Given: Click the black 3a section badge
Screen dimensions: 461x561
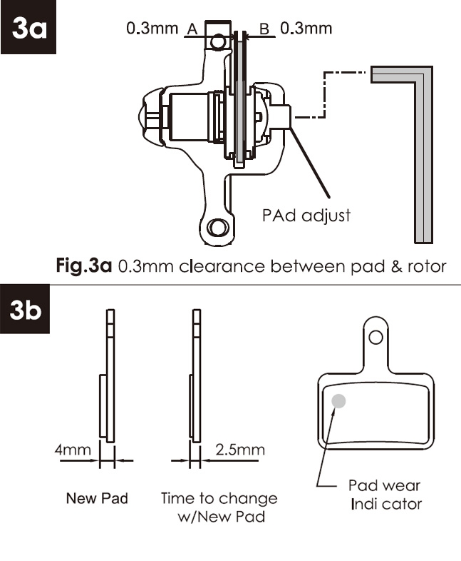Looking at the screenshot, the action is (x=29, y=27).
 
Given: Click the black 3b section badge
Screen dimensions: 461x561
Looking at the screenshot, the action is (x=25, y=309).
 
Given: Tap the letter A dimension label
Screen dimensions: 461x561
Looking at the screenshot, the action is (x=192, y=29).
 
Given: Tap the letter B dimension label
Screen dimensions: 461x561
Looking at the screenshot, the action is (x=264, y=29).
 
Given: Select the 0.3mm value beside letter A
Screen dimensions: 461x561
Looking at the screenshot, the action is (x=152, y=29).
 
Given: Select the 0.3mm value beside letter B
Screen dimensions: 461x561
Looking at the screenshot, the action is (x=306, y=29).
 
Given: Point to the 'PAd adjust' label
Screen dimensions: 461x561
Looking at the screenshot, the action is (x=306, y=216).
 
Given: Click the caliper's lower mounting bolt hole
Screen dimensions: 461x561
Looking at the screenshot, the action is (x=218, y=227).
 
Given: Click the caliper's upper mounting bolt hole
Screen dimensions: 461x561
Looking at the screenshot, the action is (x=217, y=42).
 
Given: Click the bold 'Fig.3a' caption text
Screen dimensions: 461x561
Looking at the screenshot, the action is (x=84, y=266).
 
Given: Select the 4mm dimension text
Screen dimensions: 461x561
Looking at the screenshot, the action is (x=73, y=450).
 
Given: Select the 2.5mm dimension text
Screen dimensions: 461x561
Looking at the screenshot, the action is (x=240, y=450).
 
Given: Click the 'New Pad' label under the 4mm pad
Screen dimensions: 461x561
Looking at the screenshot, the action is (x=97, y=498).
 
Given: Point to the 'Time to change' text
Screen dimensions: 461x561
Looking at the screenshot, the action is (x=219, y=498).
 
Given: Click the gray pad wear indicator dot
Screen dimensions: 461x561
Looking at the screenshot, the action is (x=338, y=401).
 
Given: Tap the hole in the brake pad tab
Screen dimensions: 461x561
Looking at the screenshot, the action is (x=375, y=337).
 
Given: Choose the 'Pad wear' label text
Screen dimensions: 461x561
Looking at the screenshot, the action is (x=384, y=485).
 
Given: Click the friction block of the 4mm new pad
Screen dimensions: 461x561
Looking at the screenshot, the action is (x=103, y=405).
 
